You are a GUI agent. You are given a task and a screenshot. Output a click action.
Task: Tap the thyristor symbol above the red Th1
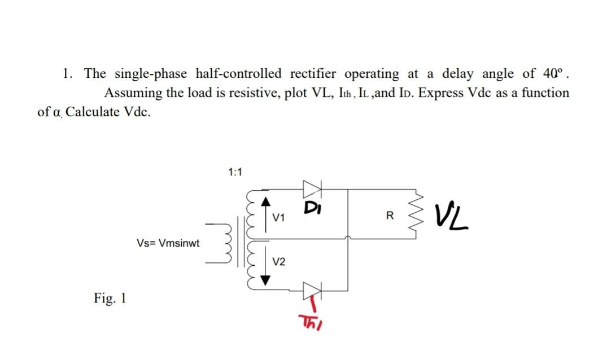(x=312, y=290)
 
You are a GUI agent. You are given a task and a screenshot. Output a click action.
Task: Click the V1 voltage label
(x=279, y=218)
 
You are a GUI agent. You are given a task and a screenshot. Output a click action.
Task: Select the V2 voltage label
(x=279, y=261)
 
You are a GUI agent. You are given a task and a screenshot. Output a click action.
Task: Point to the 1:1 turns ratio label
(x=234, y=172)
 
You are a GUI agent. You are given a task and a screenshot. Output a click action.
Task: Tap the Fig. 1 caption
(x=110, y=297)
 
